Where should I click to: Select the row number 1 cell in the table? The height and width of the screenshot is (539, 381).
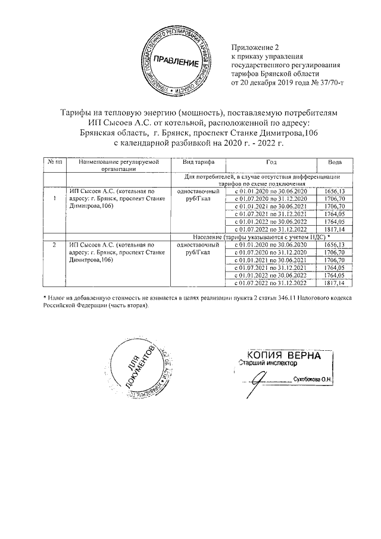[55, 198]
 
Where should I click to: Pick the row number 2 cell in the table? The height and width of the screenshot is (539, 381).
[55, 245]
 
